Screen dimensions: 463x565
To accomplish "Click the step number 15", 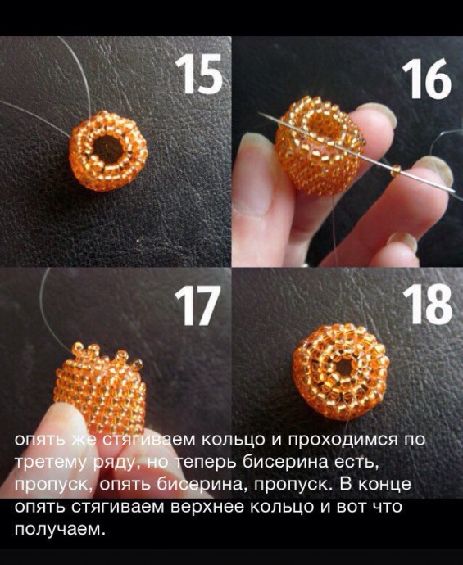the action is tap(198, 74).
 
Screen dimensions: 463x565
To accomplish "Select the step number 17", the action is tap(197, 305).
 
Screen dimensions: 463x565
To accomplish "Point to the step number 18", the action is tap(427, 304).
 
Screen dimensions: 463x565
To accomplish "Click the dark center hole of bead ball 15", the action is tap(108, 148).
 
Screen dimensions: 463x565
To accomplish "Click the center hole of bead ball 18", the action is tap(343, 368).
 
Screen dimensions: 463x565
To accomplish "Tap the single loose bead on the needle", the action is tap(396, 170).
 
